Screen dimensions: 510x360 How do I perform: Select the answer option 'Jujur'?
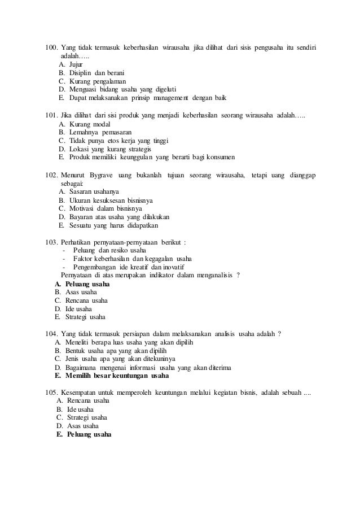click(76, 64)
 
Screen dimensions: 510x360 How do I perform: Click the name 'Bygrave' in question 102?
click(104, 175)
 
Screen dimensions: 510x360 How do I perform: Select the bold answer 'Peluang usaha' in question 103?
click(87, 284)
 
